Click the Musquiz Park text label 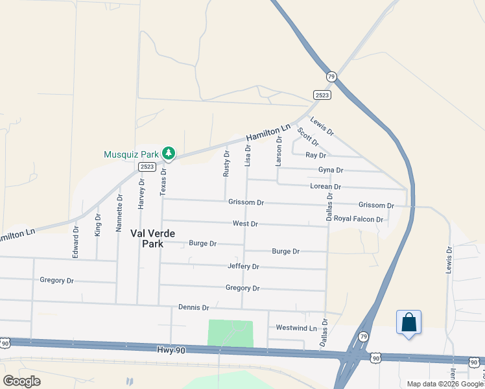pyautogui.click(x=131, y=154)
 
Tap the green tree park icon pyautogui.click(x=169, y=154)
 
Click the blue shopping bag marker pyautogui.click(x=408, y=322)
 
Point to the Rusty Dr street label pyautogui.click(x=226, y=164)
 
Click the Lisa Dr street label pyautogui.click(x=248, y=156)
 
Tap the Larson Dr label pyautogui.click(x=279, y=150)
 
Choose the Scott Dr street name pyautogui.click(x=308, y=137)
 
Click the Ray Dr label pyautogui.click(x=315, y=156)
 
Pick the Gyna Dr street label pyautogui.click(x=330, y=170)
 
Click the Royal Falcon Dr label pyautogui.click(x=359, y=219)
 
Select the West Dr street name pyautogui.click(x=245, y=224)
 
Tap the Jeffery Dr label pyautogui.click(x=243, y=266)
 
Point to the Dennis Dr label pyautogui.click(x=193, y=307)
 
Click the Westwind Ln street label pyautogui.click(x=296, y=328)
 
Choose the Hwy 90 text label pyautogui.click(x=171, y=350)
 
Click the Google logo pyautogui.click(x=22, y=381)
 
